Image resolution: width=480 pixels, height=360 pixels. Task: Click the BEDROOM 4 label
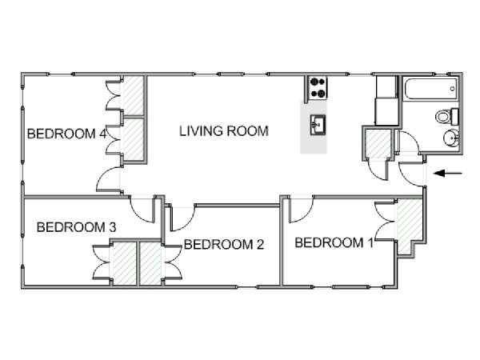coord(66,134)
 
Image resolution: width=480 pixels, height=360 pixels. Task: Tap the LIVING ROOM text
coord(224,131)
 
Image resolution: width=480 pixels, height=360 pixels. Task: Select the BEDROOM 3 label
coord(76,227)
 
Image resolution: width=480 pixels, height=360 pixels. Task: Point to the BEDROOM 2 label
coord(224,244)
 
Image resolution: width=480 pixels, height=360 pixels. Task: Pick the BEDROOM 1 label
coord(334,242)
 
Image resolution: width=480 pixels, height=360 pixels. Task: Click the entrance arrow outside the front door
coord(448,174)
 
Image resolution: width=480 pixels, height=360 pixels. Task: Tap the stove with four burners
coord(317,88)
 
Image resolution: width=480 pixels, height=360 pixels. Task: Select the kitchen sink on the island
coord(318,125)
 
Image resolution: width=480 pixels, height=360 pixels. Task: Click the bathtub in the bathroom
coord(431,89)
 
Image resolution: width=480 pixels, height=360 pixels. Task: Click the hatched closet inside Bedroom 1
coord(409,225)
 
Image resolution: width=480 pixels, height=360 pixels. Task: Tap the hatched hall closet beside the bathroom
coord(379,143)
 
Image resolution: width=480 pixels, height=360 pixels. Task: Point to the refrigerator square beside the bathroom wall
coord(386,111)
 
